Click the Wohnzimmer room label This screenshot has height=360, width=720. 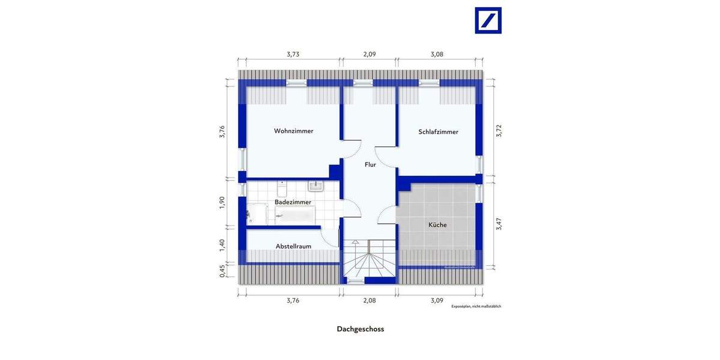[x=293, y=131]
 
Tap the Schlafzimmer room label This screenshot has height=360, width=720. [x=438, y=132]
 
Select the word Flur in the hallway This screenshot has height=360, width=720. [x=370, y=164]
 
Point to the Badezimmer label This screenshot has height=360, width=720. [x=293, y=202]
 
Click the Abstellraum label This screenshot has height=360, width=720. [x=293, y=247]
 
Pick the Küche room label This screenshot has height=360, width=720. [x=437, y=225]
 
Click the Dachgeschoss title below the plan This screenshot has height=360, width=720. [x=360, y=329]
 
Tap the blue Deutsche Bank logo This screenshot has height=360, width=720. [x=488, y=20]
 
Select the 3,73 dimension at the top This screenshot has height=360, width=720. [x=292, y=54]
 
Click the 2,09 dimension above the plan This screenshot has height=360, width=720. [x=370, y=54]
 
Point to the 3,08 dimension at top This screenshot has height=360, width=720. [x=437, y=54]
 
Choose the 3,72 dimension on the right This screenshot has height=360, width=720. [x=498, y=131]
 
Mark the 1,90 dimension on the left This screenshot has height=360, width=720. [x=222, y=203]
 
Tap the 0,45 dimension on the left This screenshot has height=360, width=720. [x=222, y=271]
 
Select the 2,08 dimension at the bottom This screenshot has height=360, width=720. [x=370, y=300]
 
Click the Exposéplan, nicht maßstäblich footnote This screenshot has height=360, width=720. [x=476, y=307]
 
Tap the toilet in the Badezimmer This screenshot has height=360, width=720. [x=282, y=188]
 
